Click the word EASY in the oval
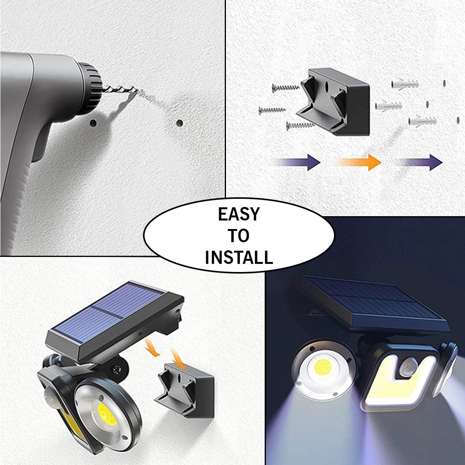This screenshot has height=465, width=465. (x=239, y=214)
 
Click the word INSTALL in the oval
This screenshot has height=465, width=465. (x=239, y=257)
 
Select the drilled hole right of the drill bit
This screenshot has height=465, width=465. (x=179, y=123)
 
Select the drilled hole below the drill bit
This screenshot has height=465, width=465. (x=93, y=123)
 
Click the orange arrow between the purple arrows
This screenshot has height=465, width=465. (x=360, y=162)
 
